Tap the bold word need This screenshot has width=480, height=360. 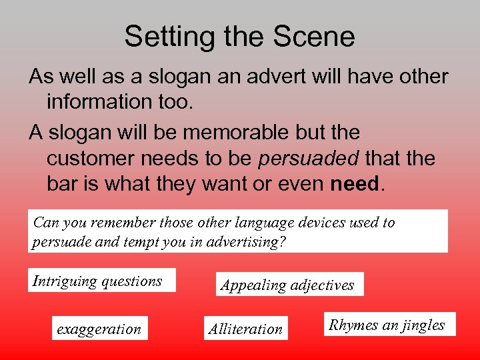point(355,183)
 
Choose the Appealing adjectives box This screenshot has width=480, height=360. point(287,285)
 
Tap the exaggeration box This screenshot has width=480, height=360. point(99,329)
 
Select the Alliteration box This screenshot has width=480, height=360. point(245,329)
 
